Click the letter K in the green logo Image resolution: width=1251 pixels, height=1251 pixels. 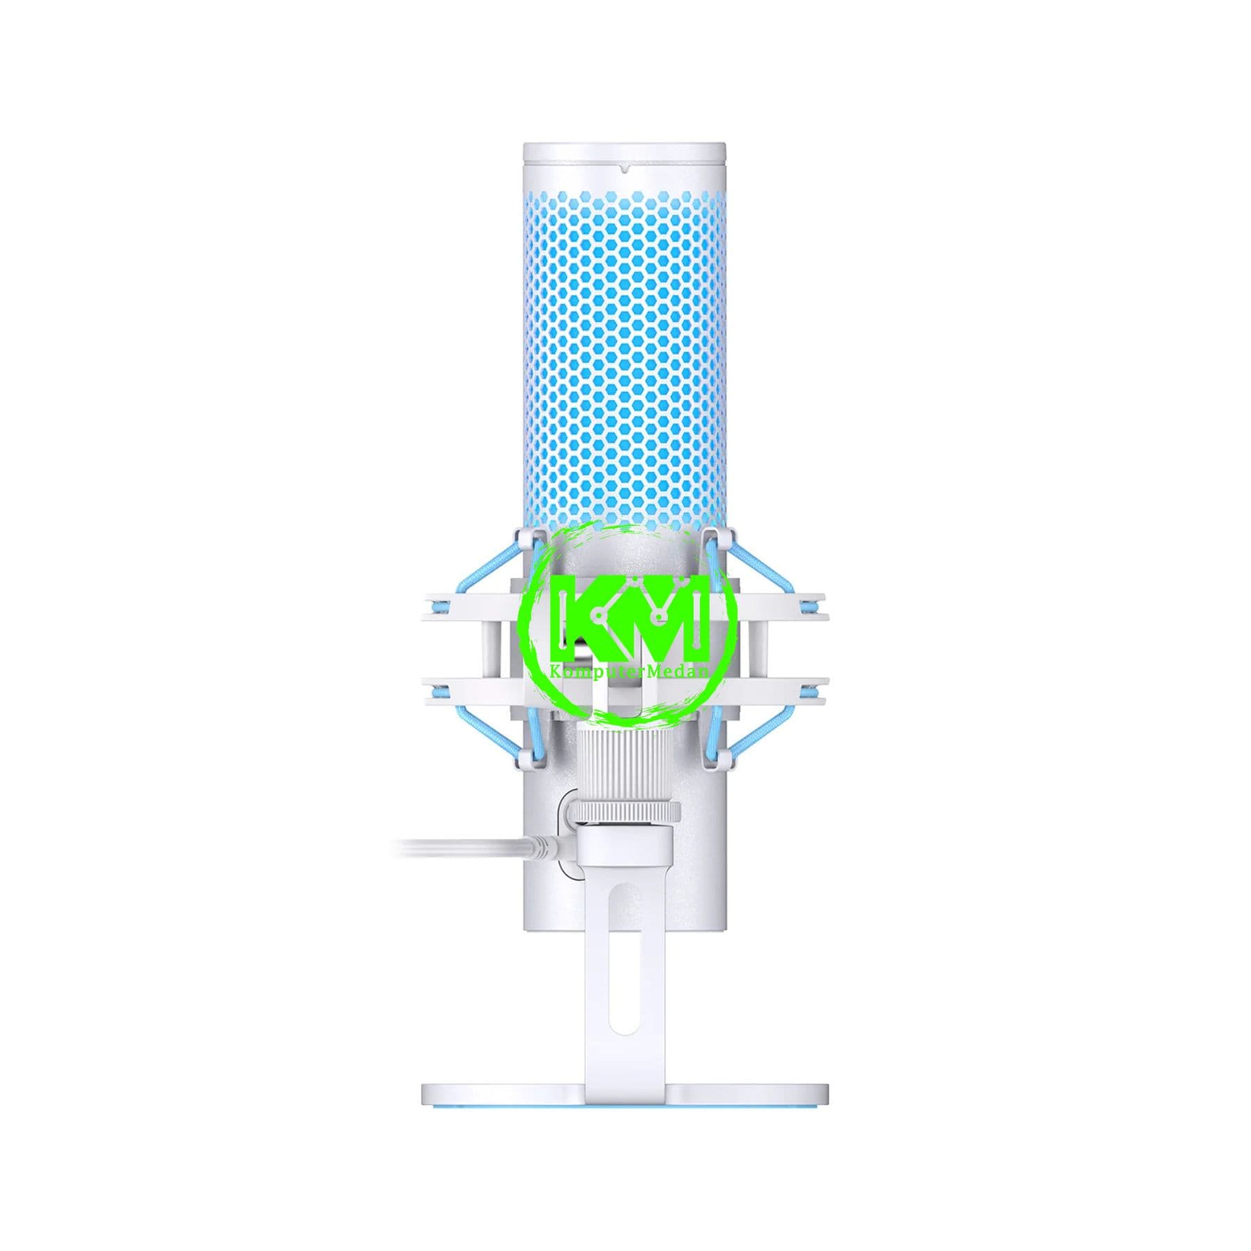pyautogui.click(x=582, y=617)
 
